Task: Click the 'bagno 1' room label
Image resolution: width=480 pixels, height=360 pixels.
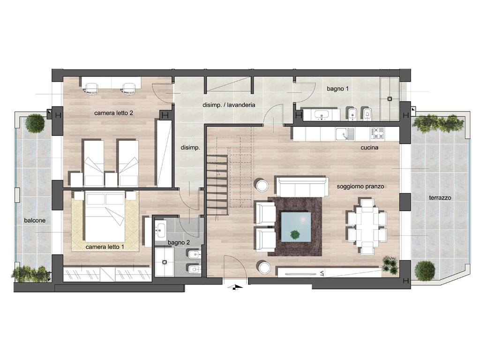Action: (x=337, y=89)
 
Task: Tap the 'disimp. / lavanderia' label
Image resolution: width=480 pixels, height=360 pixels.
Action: (x=229, y=105)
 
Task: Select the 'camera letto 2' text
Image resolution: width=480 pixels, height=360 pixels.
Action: (x=113, y=113)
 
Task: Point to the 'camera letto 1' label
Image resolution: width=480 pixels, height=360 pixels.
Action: (x=105, y=247)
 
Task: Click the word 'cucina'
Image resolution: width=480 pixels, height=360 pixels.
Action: (x=369, y=148)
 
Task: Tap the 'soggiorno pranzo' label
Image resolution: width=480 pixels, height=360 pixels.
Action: (x=360, y=187)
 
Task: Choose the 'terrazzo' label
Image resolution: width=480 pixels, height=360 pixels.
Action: (x=440, y=198)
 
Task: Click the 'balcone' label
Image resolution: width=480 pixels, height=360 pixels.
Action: (x=35, y=220)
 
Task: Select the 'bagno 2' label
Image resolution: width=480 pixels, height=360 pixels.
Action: (x=179, y=242)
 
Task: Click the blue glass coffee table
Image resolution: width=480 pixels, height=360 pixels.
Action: (x=296, y=227)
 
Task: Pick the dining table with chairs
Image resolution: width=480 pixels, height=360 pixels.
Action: (x=367, y=227)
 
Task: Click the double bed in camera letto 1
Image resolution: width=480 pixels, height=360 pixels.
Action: (x=105, y=217)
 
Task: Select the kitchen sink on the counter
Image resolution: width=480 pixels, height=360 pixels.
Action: (x=345, y=134)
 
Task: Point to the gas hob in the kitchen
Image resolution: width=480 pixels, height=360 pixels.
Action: (x=377, y=134)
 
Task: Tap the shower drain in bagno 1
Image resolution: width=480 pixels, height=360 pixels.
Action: (x=390, y=99)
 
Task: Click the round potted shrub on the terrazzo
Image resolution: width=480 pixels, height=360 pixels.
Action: (x=425, y=271)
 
